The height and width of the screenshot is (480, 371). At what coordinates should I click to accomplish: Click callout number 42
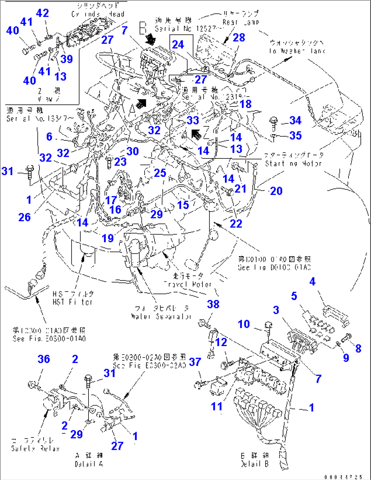(x=43, y=13)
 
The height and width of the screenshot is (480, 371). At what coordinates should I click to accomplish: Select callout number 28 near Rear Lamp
(x=239, y=37)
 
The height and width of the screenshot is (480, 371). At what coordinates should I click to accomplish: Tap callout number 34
(x=295, y=120)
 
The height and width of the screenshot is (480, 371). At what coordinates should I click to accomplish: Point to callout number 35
(x=295, y=135)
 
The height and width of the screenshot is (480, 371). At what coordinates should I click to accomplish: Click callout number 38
(x=213, y=304)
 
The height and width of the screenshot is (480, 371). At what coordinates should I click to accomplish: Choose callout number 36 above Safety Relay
(x=44, y=359)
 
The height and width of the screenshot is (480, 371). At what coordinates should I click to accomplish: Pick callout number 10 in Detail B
(x=244, y=324)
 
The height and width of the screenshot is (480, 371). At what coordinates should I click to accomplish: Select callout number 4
(x=312, y=281)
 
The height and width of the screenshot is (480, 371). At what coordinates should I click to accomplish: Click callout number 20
(x=276, y=191)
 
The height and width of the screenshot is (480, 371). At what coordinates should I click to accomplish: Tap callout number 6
(x=49, y=137)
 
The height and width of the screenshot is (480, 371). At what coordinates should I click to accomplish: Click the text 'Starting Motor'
(x=293, y=163)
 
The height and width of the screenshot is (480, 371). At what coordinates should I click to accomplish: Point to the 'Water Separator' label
(x=161, y=316)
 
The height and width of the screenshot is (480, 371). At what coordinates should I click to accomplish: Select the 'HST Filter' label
(x=72, y=302)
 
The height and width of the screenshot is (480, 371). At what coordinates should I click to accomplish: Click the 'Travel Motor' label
(x=188, y=284)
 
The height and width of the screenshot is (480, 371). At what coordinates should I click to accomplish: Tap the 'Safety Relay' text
(x=35, y=448)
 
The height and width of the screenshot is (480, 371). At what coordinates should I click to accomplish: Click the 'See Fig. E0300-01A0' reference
(x=49, y=338)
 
